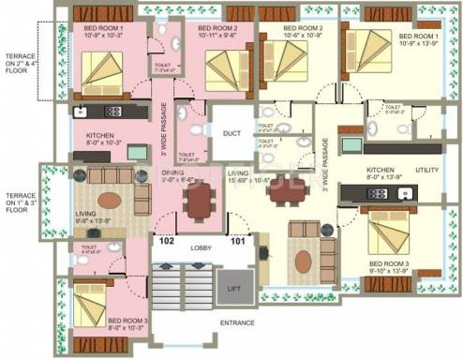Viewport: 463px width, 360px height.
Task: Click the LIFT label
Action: click(x=234, y=289)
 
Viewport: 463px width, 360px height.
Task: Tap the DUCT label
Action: click(x=231, y=134)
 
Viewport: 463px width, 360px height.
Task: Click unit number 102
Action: click(x=166, y=240)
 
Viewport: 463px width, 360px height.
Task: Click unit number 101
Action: click(x=240, y=240)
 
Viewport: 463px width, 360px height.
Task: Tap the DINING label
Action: click(x=172, y=175)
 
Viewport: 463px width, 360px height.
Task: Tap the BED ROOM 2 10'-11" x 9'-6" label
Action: click(x=217, y=33)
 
